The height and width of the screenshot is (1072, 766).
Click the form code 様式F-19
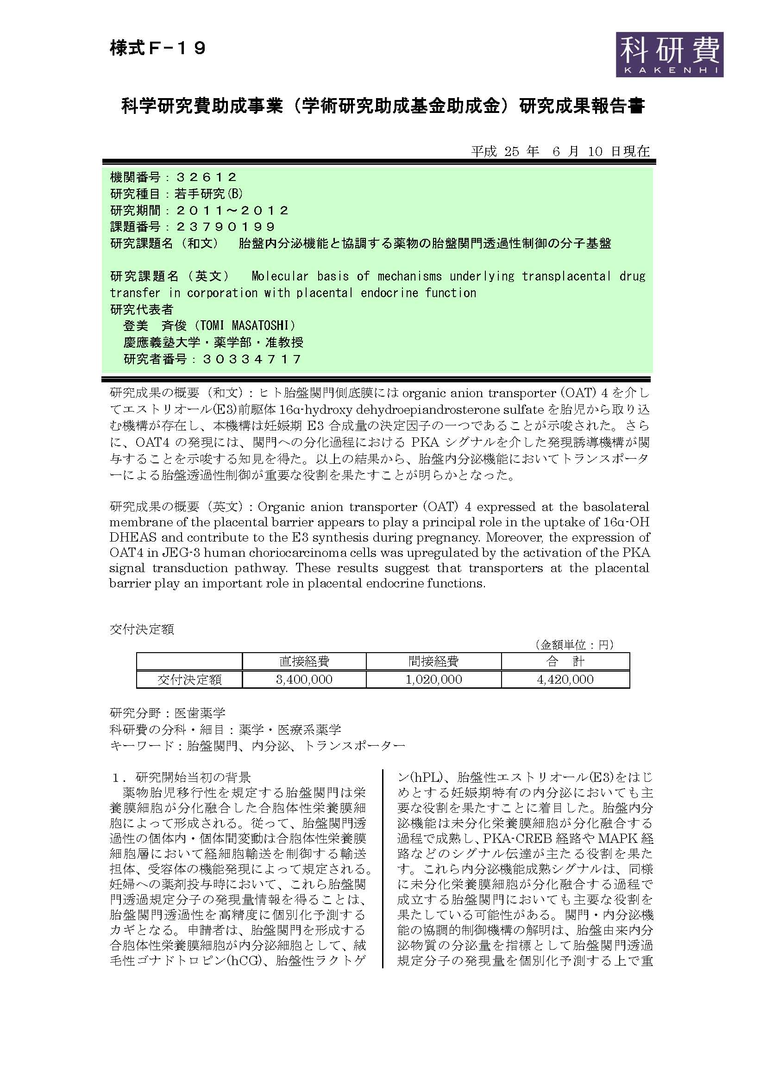pos(158,48)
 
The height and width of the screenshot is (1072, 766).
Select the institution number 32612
pos(207,177)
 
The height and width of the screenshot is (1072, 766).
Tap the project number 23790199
pos(226,227)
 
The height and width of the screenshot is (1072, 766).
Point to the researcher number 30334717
pos(252,359)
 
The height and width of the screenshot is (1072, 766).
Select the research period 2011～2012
pos(232,210)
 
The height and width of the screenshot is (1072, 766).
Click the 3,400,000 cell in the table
pos(304,679)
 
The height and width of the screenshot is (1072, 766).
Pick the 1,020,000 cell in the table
pos(433,679)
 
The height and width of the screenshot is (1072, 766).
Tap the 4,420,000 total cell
pos(565,679)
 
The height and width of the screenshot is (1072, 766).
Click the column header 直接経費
pos(304,661)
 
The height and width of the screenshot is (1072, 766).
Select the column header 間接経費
pos(433,661)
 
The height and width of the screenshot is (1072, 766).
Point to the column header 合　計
pos(565,661)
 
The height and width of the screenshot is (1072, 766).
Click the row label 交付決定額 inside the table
pos(189,679)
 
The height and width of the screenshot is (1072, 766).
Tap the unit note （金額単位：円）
pos(573,645)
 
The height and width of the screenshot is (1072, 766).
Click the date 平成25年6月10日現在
pos(560,151)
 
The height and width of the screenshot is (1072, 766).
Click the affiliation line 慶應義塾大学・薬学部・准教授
pos(213,343)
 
